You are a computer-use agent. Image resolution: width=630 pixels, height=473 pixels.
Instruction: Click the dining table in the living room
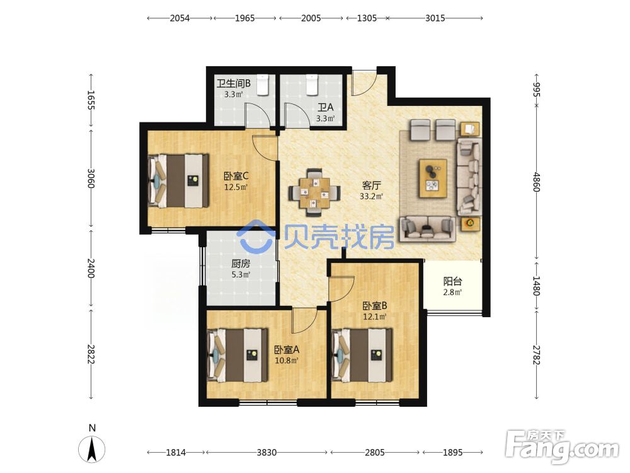click(314, 193)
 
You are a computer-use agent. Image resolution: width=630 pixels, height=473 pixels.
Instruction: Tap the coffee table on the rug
click(433, 178)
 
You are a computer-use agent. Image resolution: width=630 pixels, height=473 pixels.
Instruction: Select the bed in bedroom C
click(178, 180)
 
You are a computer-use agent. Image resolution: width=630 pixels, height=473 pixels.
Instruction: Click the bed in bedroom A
click(237, 356)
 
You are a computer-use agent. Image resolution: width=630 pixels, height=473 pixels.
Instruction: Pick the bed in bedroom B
click(362, 356)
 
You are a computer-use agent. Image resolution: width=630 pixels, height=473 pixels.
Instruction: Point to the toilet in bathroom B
click(262, 85)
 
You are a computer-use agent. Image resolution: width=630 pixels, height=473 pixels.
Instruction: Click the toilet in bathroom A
click(312, 85)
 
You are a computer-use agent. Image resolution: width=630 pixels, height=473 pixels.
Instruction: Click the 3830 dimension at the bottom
click(266, 452)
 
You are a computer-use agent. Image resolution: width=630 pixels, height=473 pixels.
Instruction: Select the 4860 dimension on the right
click(537, 182)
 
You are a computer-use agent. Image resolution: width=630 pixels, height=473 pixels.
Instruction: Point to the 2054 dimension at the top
click(180, 18)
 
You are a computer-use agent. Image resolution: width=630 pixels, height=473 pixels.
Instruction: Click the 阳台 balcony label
click(452, 281)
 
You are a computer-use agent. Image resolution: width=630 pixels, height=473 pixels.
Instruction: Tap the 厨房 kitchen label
click(241, 264)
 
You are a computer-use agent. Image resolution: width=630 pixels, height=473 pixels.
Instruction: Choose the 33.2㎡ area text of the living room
click(371, 196)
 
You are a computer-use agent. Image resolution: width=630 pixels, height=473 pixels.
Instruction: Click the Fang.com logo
click(562, 446)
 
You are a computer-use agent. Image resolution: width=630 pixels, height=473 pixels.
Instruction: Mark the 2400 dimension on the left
click(91, 268)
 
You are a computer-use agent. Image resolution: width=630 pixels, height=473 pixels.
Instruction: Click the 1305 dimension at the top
click(367, 18)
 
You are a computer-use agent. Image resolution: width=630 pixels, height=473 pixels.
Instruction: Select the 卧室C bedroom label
click(236, 176)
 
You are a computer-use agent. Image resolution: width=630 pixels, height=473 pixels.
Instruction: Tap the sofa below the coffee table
click(427, 229)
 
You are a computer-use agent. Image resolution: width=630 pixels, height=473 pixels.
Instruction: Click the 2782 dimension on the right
click(537, 354)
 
